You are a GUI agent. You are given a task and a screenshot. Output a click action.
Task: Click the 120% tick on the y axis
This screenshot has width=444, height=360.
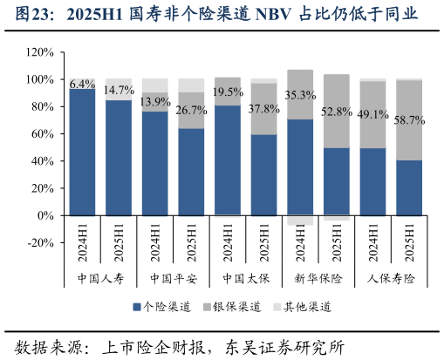click(39, 52)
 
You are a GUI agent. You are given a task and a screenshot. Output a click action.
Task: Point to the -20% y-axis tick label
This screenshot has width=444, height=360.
click(40, 242)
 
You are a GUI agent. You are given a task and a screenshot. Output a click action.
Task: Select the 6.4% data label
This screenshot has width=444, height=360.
click(82, 85)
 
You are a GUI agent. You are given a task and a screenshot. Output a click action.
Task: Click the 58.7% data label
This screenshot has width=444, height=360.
click(408, 121)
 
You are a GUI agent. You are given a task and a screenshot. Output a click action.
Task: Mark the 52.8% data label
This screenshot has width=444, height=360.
click(337, 112)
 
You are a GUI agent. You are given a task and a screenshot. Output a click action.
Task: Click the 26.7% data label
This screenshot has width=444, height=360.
click(191, 111)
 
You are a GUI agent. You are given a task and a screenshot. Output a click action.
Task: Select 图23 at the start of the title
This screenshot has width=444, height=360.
click(26, 15)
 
